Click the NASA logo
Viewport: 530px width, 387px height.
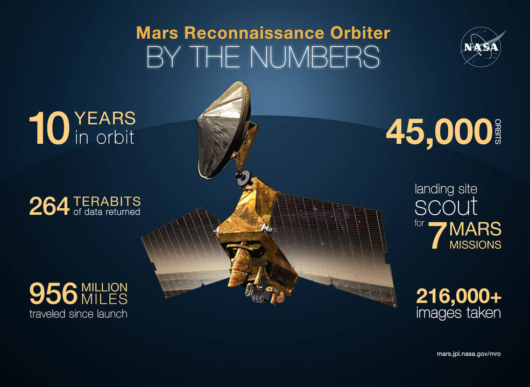click(x=480, y=47)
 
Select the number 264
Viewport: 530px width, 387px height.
click(x=50, y=206)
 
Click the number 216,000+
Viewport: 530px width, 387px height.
click(x=458, y=296)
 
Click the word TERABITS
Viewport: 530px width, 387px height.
click(x=107, y=201)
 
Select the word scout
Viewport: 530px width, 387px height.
click(x=446, y=206)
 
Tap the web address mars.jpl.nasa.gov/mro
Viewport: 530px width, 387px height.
click(x=469, y=355)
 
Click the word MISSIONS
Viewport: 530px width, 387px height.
click(x=475, y=245)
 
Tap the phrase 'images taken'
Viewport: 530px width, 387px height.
click(x=458, y=313)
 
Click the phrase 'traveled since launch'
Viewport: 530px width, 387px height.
click(x=79, y=314)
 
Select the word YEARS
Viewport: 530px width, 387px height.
click(x=104, y=118)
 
